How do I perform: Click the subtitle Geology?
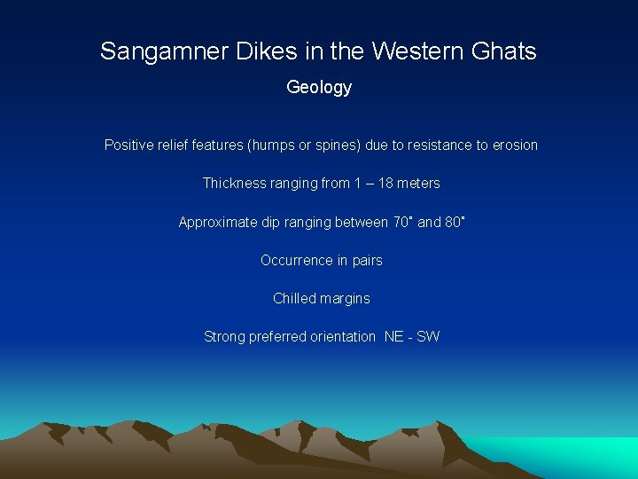319,88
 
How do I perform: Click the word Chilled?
293,299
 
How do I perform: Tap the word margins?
346,299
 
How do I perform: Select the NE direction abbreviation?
393,337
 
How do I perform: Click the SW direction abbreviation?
428,337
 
